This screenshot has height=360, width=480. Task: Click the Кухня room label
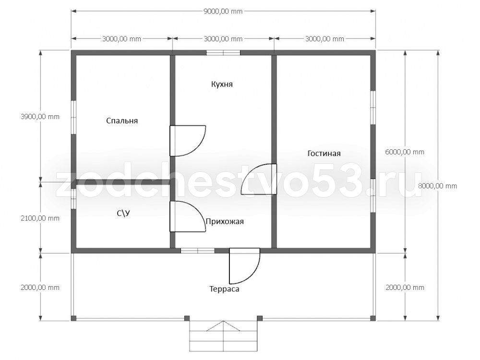[x=222, y=84]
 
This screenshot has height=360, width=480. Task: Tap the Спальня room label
[x=122, y=120]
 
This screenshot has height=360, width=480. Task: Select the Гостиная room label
[x=324, y=153]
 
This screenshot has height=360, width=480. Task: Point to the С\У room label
[x=123, y=213]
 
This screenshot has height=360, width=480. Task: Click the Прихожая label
[x=225, y=221]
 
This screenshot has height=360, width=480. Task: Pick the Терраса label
[x=224, y=289]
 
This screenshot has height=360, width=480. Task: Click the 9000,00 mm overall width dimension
[x=223, y=12]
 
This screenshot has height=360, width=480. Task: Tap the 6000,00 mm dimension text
[x=405, y=152]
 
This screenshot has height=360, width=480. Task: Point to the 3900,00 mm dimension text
[x=40, y=117]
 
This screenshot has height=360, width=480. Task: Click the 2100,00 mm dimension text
[x=40, y=218]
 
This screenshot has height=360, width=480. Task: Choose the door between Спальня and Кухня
[x=187, y=141]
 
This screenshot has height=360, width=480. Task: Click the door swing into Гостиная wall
[x=259, y=179]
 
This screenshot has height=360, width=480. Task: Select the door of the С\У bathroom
[x=187, y=216]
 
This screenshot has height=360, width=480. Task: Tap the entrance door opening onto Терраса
[x=245, y=266]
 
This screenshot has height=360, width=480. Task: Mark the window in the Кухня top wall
[x=223, y=53]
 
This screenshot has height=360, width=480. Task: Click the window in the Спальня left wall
[x=74, y=117]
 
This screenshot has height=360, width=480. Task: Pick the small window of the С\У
[x=73, y=199]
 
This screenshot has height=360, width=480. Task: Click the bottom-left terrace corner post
[x=73, y=318]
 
